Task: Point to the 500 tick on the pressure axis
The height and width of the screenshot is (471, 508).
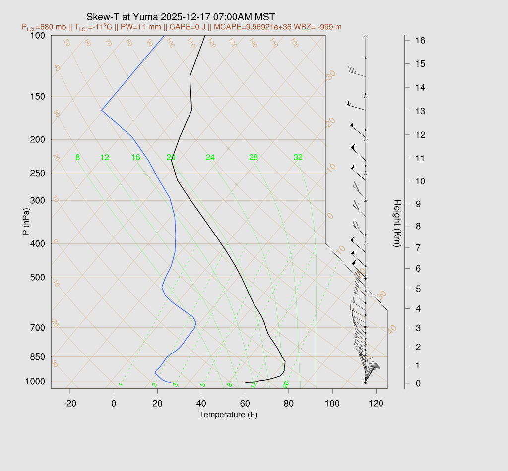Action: click(38, 277)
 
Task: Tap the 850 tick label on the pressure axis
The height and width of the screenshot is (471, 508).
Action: click(38, 357)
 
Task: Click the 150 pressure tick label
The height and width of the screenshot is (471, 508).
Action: click(38, 96)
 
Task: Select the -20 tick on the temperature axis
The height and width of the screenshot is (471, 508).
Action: click(70, 403)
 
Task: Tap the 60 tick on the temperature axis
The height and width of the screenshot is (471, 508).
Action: click(245, 403)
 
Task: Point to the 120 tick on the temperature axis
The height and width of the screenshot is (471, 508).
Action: click(377, 403)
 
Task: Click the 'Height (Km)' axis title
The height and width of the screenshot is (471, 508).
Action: click(397, 224)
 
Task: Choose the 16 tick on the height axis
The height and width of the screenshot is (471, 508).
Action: click(420, 40)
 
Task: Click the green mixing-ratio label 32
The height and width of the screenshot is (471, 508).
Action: click(298, 158)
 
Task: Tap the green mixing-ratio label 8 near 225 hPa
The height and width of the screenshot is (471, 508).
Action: click(77, 158)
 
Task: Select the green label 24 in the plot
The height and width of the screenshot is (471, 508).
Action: click(210, 158)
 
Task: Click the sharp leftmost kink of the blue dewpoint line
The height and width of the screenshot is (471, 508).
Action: click(102, 110)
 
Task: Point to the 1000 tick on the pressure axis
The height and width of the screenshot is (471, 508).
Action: click(36, 381)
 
